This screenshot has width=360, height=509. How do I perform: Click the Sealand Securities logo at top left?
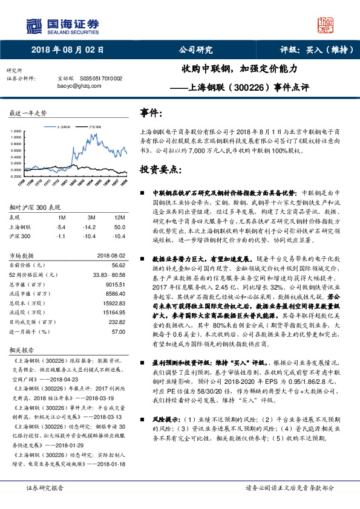[x=61, y=25]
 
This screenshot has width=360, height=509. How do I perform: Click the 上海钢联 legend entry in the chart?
[x=65, y=128]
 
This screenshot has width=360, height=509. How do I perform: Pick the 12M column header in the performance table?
[x=119, y=216]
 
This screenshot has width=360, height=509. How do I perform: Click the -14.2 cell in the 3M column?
[x=91, y=227]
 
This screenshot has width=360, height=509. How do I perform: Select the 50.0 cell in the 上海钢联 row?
[x=119, y=227]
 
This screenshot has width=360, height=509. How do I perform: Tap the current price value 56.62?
[x=118, y=265]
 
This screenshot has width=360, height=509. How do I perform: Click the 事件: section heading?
[x=151, y=113]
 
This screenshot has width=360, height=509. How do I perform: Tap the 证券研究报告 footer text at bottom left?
[x=45, y=488]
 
